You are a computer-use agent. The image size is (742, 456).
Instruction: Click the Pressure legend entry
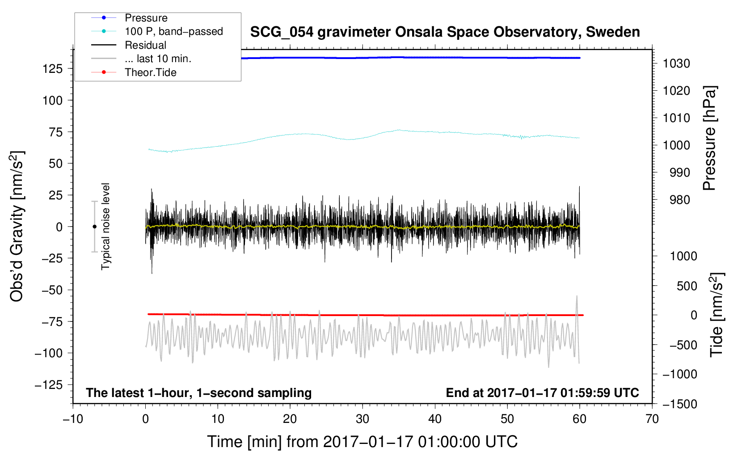(146, 18)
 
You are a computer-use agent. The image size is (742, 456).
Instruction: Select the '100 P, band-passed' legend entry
(173, 32)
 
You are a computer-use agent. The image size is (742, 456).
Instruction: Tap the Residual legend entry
(145, 45)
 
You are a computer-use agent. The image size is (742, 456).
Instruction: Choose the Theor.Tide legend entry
(150, 72)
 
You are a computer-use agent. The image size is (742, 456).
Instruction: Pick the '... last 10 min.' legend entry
(158, 59)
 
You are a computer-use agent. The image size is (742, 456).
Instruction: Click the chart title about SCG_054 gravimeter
(445, 32)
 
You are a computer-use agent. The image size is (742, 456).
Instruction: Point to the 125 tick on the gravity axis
(52, 69)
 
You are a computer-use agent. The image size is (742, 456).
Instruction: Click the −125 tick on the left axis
(49, 385)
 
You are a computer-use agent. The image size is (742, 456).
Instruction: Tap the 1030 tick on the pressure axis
(676, 63)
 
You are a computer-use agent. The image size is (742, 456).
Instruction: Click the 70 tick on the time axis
(652, 419)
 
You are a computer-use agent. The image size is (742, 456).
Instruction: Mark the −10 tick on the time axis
(73, 419)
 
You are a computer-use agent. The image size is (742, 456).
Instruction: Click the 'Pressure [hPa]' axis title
(709, 139)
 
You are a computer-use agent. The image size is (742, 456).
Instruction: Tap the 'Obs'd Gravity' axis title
(17, 226)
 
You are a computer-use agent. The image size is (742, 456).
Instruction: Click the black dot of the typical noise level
(94, 227)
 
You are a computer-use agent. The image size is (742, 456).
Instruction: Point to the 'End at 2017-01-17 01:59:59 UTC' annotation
(542, 393)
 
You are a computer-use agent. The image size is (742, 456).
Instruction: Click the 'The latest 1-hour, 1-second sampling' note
(199, 393)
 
